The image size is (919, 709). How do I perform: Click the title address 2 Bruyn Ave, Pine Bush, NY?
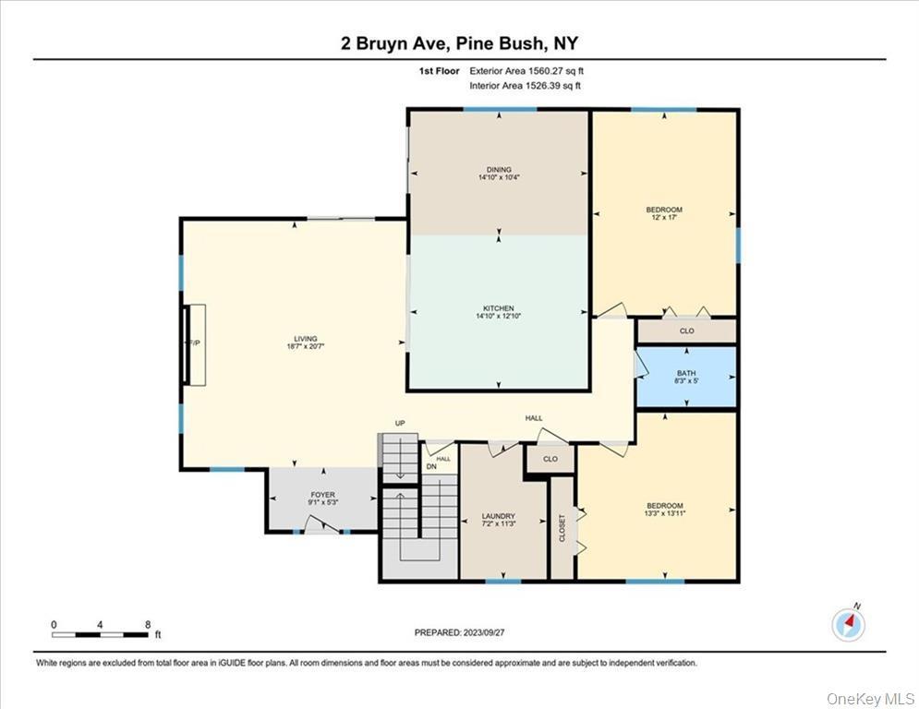[x=459, y=43]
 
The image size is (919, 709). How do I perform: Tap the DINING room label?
[x=499, y=174]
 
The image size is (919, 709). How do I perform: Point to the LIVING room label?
[x=295, y=342]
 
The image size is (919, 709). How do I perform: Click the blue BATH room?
[x=686, y=376]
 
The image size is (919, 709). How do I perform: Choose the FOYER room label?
[x=322, y=499]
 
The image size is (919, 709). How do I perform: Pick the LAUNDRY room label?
[x=499, y=521]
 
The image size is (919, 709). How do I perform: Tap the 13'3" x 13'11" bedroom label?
[x=664, y=510]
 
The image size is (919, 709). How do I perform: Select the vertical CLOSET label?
[x=562, y=528]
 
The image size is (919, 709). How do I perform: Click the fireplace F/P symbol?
[x=195, y=343]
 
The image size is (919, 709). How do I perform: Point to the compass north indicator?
[x=848, y=624]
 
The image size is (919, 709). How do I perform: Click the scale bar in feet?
[x=101, y=633]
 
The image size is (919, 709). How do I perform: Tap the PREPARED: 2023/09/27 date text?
[x=459, y=632]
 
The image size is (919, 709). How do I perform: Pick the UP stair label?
[x=401, y=424]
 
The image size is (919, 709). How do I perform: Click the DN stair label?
[x=430, y=466]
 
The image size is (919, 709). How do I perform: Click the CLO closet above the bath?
[x=686, y=330]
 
